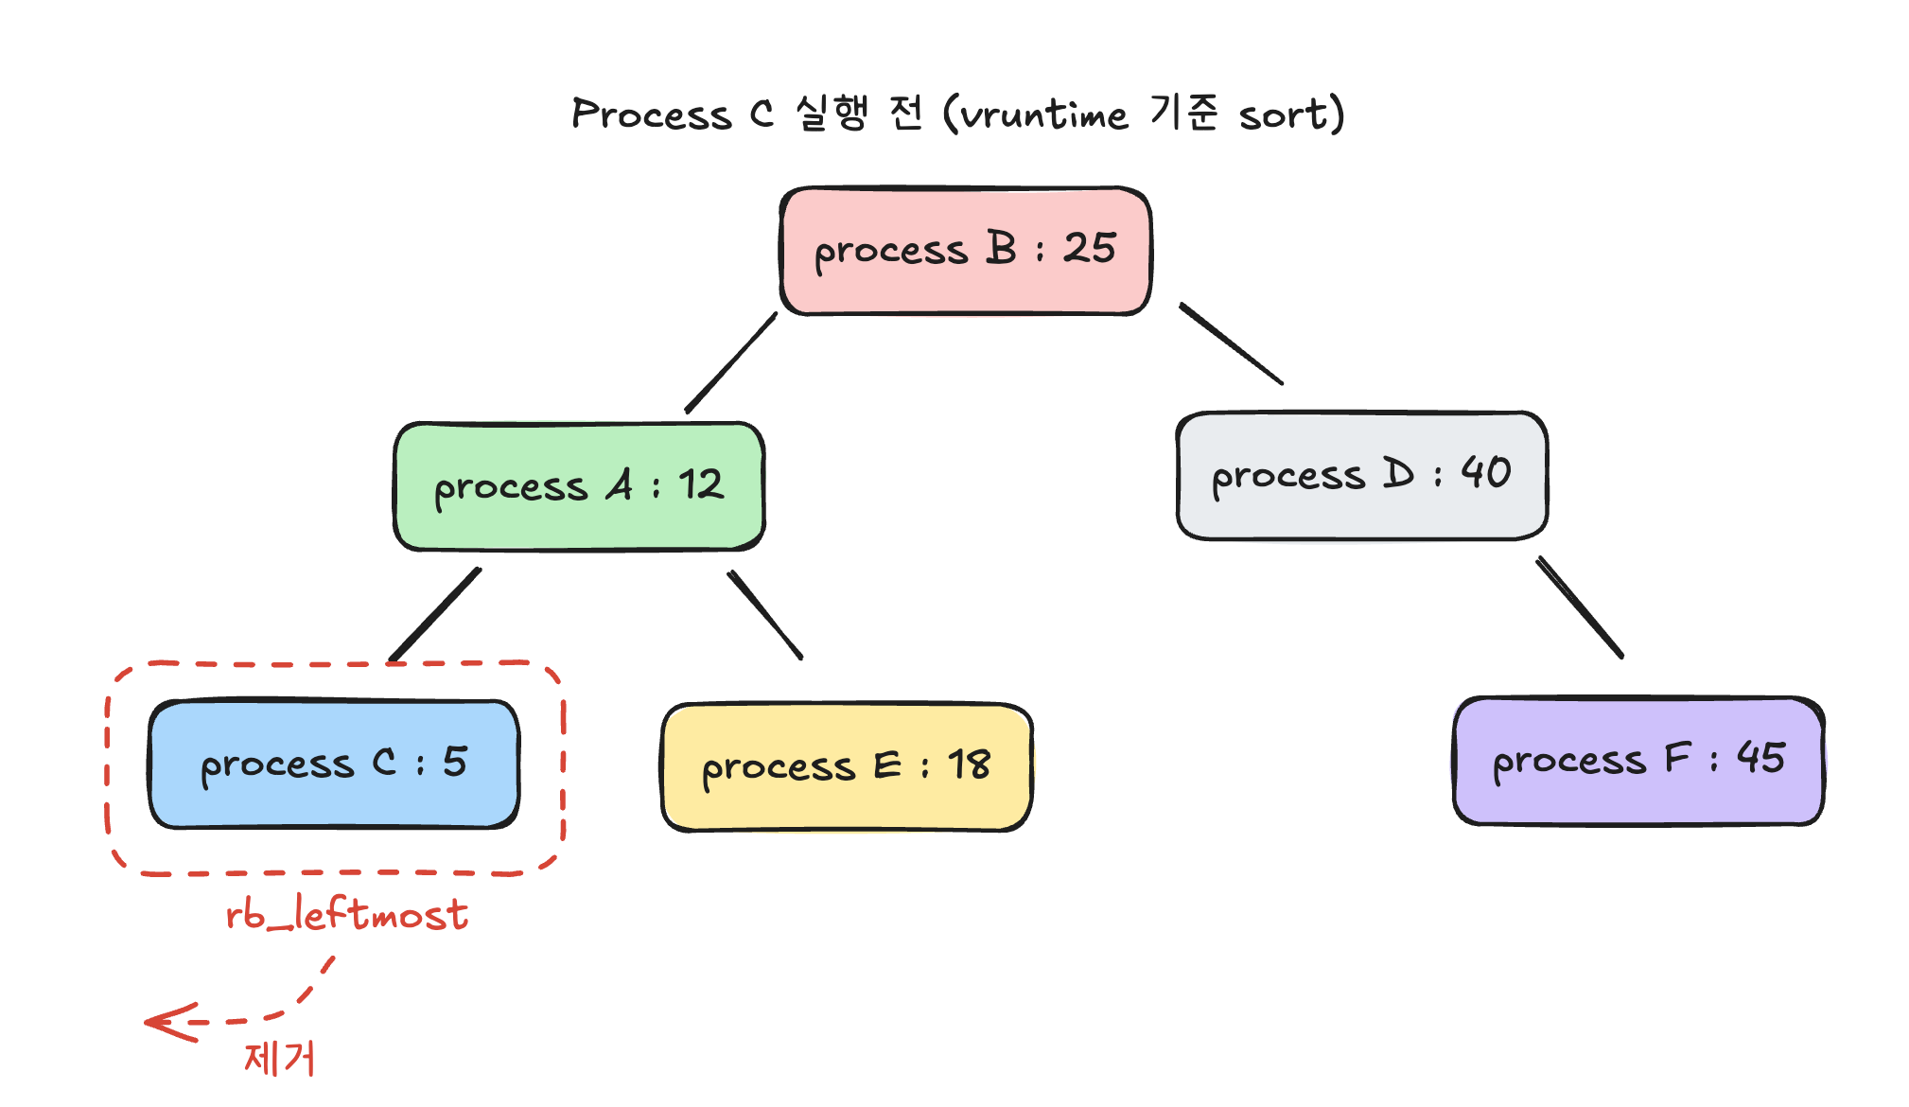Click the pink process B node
coord(966,251)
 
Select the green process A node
coord(579,486)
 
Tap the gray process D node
coord(1362,476)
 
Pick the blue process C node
coord(334,764)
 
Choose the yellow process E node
coord(847,767)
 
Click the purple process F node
coord(1638,762)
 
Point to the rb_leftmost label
coord(347,914)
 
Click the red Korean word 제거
coord(279,1058)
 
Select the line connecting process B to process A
coord(731,363)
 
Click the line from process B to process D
coord(1231,343)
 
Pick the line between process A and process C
coord(435,614)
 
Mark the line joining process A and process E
coord(765,615)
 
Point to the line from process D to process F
coord(1580,607)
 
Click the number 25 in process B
coord(1090,248)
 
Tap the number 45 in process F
coord(1760,758)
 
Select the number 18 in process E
coord(970,764)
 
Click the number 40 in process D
coord(1486,472)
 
